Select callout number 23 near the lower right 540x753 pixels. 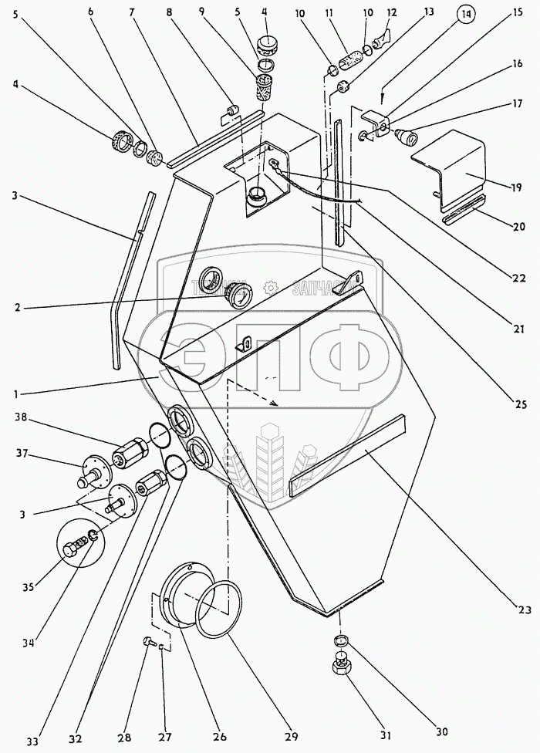pos(524,610)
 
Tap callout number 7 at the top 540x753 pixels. pos(130,13)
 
